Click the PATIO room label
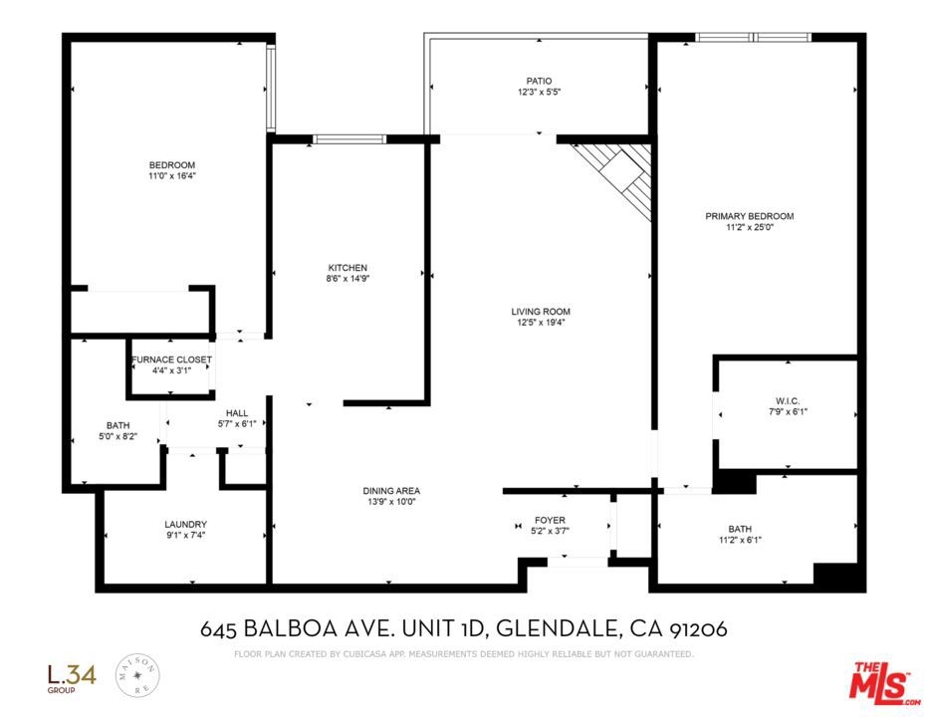(539, 81)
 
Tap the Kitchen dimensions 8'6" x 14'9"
(348, 278)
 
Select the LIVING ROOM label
(541, 312)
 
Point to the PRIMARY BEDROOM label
(749, 216)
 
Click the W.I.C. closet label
(788, 401)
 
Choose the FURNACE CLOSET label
(171, 359)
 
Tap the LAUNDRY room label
(185, 524)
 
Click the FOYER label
(550, 520)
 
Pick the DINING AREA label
(391, 490)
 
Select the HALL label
(237, 413)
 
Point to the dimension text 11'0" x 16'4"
(171, 176)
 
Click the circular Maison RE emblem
(137, 675)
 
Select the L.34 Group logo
(72, 678)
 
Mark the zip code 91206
(698, 628)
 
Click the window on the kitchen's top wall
(349, 139)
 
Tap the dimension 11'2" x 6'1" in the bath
(740, 540)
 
